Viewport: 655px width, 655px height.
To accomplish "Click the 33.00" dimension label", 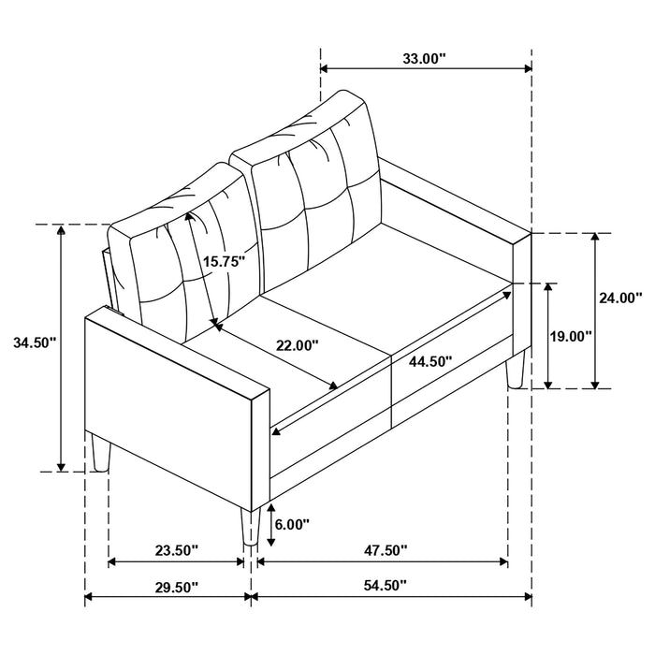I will pos(424,58).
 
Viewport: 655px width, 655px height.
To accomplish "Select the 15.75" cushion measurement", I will pos(224,262).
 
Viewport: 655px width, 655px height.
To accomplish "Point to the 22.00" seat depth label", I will pos(297,344).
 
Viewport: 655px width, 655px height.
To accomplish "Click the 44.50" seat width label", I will pos(429,360).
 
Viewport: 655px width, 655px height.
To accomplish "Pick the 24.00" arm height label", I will pos(619,298).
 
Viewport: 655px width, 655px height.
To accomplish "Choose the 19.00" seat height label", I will pos(570,336).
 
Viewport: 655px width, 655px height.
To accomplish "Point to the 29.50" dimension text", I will pos(168,586).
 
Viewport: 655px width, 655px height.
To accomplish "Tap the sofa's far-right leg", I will pos(513,371).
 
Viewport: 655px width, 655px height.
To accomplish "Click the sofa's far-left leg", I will pos(102,454).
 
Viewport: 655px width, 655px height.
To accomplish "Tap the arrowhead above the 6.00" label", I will pos(270,507).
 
